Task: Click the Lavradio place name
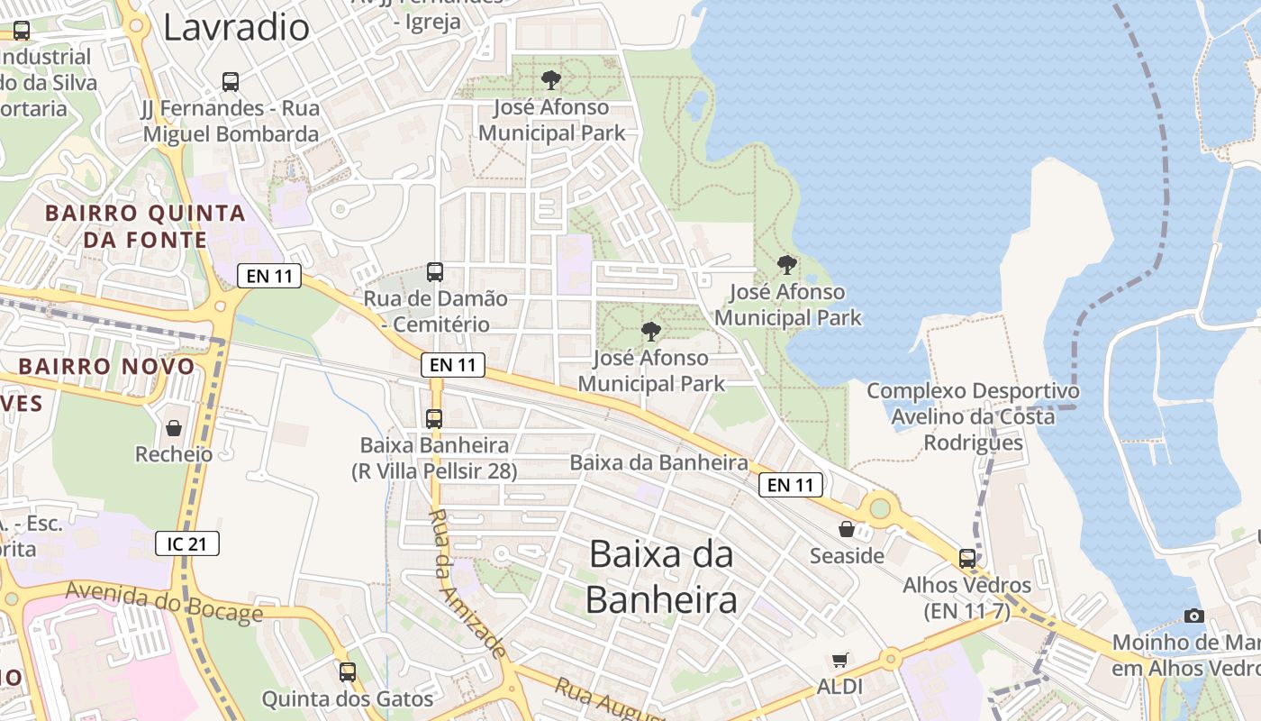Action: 236,27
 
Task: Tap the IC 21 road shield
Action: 187,543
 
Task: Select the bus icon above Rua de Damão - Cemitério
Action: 435,271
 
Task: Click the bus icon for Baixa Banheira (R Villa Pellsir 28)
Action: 434,418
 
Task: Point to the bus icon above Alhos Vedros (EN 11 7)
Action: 967,558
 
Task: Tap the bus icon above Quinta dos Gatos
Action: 348,671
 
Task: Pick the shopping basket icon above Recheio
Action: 173,427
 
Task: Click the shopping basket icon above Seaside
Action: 847,529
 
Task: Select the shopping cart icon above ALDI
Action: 840,660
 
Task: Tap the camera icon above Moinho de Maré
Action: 1194,616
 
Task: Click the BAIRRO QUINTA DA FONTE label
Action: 145,226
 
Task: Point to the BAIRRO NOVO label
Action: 106,367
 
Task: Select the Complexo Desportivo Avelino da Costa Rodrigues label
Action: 973,416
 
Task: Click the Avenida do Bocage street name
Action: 165,602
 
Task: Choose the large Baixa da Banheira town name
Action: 661,576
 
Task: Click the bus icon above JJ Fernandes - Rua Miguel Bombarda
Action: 231,82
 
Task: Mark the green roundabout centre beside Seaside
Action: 879,508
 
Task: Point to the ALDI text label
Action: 839,687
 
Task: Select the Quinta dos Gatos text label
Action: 348,698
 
